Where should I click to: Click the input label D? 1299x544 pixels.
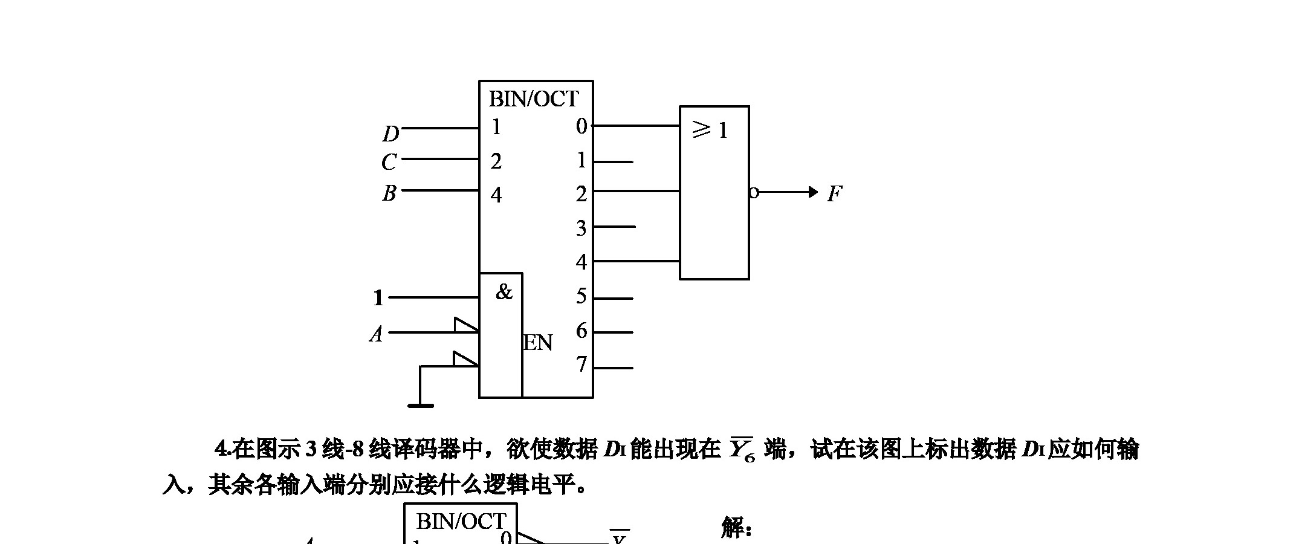[391, 134]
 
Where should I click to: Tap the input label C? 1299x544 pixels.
[389, 162]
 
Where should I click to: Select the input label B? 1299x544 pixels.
[389, 193]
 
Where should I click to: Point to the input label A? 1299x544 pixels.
[377, 334]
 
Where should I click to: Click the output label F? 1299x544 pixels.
[835, 194]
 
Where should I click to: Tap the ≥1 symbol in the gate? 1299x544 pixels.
[710, 129]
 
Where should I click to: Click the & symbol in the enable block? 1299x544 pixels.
[504, 293]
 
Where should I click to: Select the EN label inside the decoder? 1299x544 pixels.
[538, 343]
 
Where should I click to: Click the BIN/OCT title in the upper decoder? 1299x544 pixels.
[534, 99]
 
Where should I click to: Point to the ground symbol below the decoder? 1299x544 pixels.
[421, 406]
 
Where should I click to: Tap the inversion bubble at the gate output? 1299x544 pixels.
[754, 193]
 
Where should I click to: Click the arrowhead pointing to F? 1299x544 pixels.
[813, 192]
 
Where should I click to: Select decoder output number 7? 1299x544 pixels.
[581, 364]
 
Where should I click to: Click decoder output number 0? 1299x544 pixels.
[581, 126]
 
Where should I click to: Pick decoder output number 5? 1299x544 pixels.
[581, 296]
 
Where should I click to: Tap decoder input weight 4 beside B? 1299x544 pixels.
[496, 195]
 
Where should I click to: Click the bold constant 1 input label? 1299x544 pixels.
[378, 298]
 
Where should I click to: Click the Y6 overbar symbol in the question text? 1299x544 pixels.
[742, 450]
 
